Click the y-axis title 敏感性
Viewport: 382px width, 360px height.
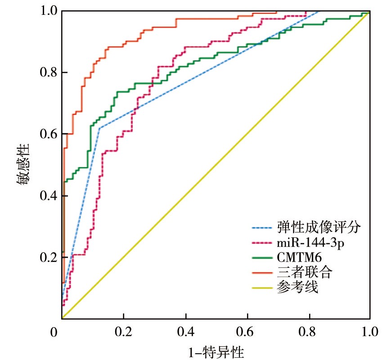pyautogui.click(x=23, y=164)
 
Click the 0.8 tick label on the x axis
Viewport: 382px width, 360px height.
pyautogui.click(x=308, y=333)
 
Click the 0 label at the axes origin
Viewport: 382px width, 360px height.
pyautogui.click(x=54, y=333)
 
